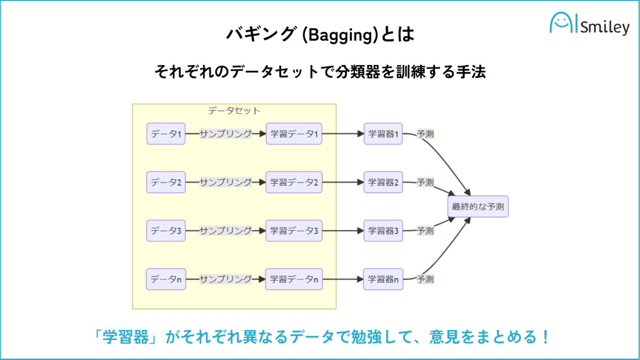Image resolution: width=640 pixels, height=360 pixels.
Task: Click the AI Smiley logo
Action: (589, 26)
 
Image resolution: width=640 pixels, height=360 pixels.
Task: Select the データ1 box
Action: (166, 134)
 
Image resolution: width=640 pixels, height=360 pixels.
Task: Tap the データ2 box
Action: (166, 182)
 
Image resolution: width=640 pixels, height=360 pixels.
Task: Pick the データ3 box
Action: (166, 231)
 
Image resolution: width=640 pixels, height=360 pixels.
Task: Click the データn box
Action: (166, 279)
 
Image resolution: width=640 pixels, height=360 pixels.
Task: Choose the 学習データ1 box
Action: (294, 134)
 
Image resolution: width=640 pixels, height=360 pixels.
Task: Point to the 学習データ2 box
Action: (294, 182)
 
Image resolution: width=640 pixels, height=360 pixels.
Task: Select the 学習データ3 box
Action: (294, 231)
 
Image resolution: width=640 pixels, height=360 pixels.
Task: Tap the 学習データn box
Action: (294, 279)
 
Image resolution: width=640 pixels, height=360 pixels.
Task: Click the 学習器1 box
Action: (383, 134)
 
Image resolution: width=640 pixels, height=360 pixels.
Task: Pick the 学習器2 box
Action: (383, 182)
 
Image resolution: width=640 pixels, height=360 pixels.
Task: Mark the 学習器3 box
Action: (383, 231)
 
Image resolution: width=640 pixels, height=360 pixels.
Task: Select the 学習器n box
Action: (383, 279)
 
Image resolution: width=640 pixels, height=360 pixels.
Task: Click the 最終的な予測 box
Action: (479, 207)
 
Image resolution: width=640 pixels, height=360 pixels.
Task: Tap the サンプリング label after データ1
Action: (226, 134)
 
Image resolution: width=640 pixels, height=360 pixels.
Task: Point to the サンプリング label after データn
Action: (226, 279)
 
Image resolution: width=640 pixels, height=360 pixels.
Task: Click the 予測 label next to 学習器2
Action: (426, 182)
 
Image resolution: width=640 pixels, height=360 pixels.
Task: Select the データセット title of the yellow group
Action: (234, 111)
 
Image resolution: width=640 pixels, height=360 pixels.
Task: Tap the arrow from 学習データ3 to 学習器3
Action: (343, 231)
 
